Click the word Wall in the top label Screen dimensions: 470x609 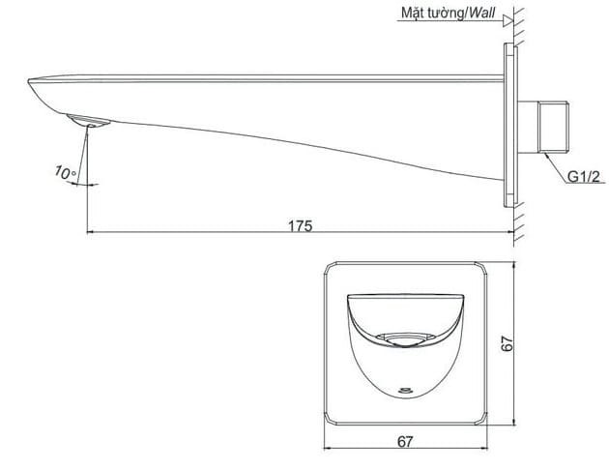[479, 15]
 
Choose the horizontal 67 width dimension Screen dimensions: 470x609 [404, 441]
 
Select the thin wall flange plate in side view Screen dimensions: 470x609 [507, 126]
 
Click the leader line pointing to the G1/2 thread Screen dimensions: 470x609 [552, 162]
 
